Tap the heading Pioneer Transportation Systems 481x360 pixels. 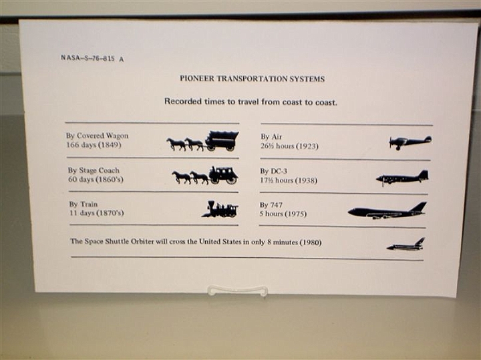tap(252, 79)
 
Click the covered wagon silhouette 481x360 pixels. tap(203, 141)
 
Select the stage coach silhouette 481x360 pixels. tap(205, 176)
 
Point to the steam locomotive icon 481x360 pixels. tap(220, 209)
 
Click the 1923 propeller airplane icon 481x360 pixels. tap(410, 142)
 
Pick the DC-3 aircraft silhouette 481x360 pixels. tap(402, 178)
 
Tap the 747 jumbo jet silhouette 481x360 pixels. tap(387, 210)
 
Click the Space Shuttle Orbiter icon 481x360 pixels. tap(406, 244)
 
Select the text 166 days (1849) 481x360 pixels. tap(94, 144)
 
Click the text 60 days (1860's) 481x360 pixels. tap(96, 179)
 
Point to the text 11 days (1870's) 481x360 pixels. tap(97, 212)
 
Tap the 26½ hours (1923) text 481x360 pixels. tap(289, 146)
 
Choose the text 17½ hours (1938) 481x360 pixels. tap(289, 180)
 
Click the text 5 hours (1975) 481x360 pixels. tap(283, 214)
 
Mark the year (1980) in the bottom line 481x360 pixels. tap(310, 242)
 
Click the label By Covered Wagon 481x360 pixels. tap(98, 136)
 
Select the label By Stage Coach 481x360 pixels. tap(94, 170)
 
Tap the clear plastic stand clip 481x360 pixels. tap(236, 291)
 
